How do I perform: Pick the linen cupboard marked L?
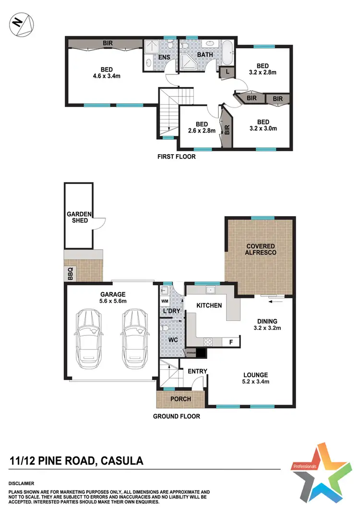pos(227,72)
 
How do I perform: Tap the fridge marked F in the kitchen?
pos(231,343)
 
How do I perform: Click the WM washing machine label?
pos(165,301)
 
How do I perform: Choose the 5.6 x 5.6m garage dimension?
pos(113,302)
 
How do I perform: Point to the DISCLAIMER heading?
pos(22,483)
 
